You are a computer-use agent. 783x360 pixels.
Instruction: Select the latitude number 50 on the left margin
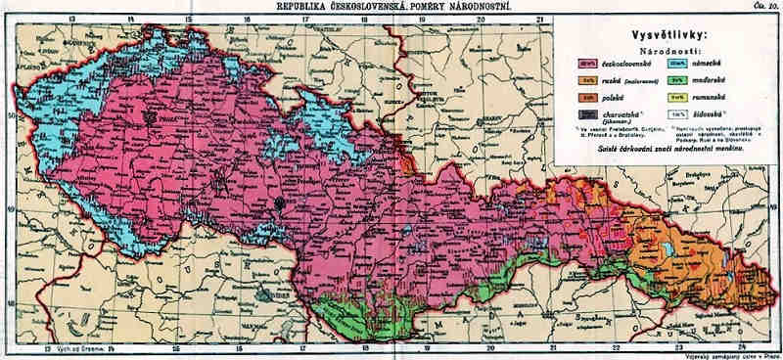[10, 114]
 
